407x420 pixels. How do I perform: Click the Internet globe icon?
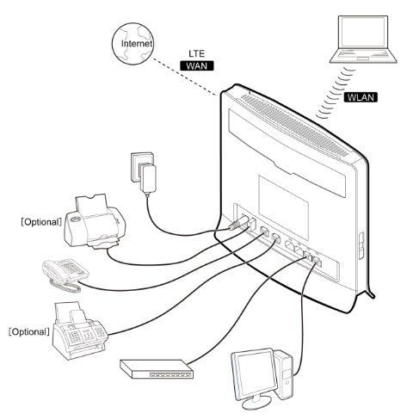[x=133, y=44]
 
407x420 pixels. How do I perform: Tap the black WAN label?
[x=197, y=65]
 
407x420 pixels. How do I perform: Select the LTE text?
[x=197, y=53]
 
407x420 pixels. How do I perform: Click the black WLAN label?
[x=361, y=97]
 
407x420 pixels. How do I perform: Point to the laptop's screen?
[x=363, y=32]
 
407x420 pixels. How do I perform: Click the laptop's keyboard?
[x=362, y=54]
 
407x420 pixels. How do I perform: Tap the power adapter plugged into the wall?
[x=147, y=178]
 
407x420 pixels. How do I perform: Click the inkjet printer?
[x=95, y=222]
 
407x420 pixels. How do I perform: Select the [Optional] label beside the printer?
[x=41, y=222]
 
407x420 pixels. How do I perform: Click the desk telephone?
[x=65, y=274]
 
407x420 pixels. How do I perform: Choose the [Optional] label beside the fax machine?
[x=29, y=332]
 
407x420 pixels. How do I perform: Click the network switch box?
[x=157, y=369]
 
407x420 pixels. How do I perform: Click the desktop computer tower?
[x=284, y=374]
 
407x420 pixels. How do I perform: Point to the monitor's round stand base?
[x=256, y=404]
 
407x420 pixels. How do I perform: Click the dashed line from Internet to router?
[x=185, y=77]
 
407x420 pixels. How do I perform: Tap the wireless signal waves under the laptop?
[x=335, y=94]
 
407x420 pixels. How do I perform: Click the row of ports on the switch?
[x=170, y=374]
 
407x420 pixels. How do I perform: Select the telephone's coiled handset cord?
[x=65, y=287]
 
